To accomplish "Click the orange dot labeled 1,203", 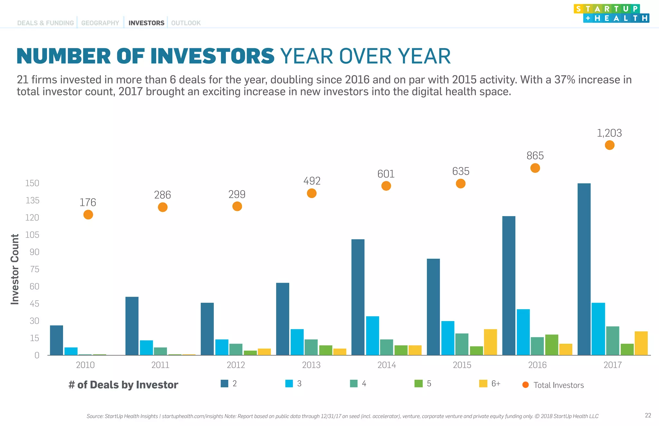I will (609, 145).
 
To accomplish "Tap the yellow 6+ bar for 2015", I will (490, 342).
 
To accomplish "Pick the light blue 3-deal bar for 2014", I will (372, 336).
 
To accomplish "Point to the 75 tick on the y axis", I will (34, 269).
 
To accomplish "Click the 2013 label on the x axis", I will (311, 365).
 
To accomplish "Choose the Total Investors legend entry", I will (553, 385).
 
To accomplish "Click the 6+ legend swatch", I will (483, 384).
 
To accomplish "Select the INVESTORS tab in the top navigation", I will (146, 23).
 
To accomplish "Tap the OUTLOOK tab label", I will (186, 23).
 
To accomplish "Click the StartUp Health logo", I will (611, 14).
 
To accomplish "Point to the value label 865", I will (535, 156).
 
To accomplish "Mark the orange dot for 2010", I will (88, 215).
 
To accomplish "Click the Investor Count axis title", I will (15, 269).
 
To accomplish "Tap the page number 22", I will (648, 415).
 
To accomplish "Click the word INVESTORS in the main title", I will (212, 56).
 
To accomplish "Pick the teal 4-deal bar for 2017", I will (613, 341).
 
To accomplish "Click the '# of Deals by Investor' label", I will (123, 385).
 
